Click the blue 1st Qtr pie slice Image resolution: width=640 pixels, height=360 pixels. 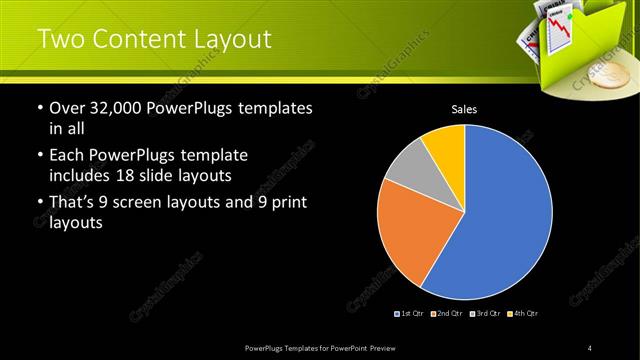(x=500, y=215)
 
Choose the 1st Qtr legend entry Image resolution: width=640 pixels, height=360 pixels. (x=411, y=314)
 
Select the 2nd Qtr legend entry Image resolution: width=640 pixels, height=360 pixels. (x=447, y=314)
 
